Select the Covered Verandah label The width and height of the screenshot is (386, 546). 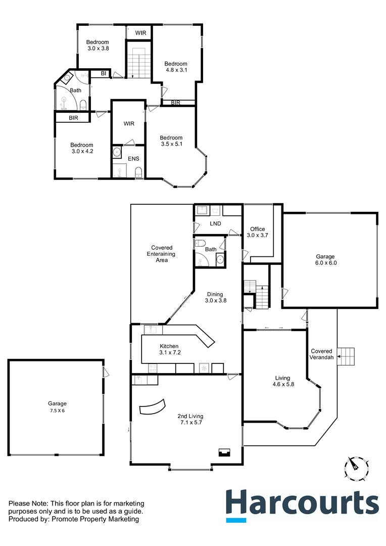click(x=321, y=354)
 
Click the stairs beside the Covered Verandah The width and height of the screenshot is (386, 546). click(x=347, y=356)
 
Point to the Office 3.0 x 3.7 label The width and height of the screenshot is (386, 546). click(x=256, y=232)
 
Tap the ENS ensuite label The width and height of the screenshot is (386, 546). click(x=133, y=159)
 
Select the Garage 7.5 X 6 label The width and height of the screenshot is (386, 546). click(x=57, y=407)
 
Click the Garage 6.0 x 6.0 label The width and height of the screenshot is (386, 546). click(x=325, y=259)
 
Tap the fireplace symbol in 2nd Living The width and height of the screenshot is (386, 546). click(x=223, y=452)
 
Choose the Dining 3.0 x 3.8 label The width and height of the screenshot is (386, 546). click(x=216, y=297)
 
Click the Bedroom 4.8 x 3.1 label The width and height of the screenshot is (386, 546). click(x=176, y=67)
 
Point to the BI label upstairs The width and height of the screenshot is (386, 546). click(x=103, y=74)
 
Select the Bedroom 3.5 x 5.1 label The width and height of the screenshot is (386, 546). click(x=171, y=141)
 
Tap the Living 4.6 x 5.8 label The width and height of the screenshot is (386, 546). click(x=282, y=381)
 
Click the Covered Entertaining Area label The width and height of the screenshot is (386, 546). click(x=162, y=254)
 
